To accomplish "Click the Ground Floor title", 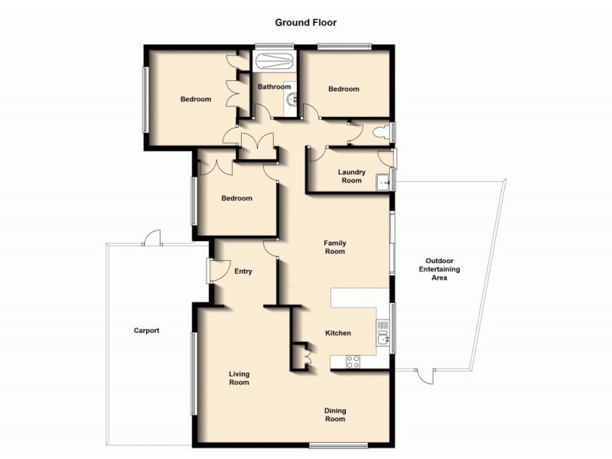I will (x=306, y=22).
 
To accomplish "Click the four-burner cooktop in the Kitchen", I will (x=353, y=362).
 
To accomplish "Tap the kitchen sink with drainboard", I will (x=382, y=334).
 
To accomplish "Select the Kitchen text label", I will (x=338, y=334).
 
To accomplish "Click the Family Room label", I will (x=334, y=246).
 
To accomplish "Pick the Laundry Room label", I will (x=350, y=176).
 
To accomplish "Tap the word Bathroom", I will (x=273, y=87).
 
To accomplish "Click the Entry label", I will (x=243, y=271).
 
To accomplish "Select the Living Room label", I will (x=239, y=378).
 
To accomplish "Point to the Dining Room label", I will (x=334, y=414).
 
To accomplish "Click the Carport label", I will (x=146, y=330).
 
